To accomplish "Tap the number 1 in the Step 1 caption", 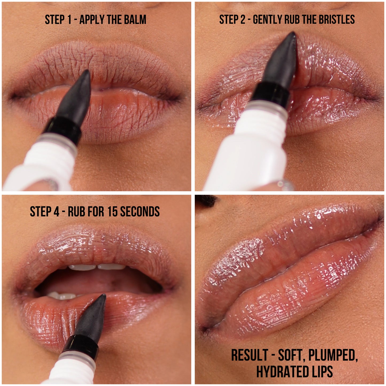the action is [x=69, y=20].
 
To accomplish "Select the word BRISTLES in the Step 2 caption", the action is [x=337, y=20].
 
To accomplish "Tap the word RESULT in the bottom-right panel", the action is [x=249, y=355].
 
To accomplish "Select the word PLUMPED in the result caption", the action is [x=333, y=356].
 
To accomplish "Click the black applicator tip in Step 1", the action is [x=77, y=96].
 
